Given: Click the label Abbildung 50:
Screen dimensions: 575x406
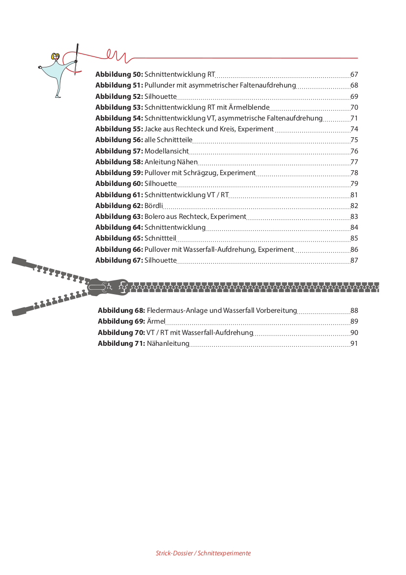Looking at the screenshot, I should click(x=119, y=75).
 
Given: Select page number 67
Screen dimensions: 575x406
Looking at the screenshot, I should click(x=354, y=75).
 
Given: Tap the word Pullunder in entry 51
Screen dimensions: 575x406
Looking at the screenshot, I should click(x=160, y=86).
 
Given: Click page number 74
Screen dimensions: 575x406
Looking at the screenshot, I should click(x=354, y=129).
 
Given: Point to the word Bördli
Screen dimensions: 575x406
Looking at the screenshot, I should click(x=154, y=206).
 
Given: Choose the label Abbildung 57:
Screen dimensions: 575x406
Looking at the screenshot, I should click(x=119, y=151).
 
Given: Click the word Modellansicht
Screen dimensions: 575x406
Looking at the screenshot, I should click(x=167, y=151).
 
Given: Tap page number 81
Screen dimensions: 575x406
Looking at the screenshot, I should click(x=354, y=195).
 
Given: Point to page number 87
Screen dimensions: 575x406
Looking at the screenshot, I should click(x=354, y=260).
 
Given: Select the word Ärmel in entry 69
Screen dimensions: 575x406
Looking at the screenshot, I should click(x=156, y=322).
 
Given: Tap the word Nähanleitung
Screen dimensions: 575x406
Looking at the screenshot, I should click(x=168, y=344).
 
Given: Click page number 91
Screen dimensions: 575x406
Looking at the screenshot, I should click(x=354, y=344).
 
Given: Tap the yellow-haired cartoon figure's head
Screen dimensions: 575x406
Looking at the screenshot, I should click(x=56, y=57).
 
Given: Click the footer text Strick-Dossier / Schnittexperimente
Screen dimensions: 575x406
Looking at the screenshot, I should click(x=203, y=553).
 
